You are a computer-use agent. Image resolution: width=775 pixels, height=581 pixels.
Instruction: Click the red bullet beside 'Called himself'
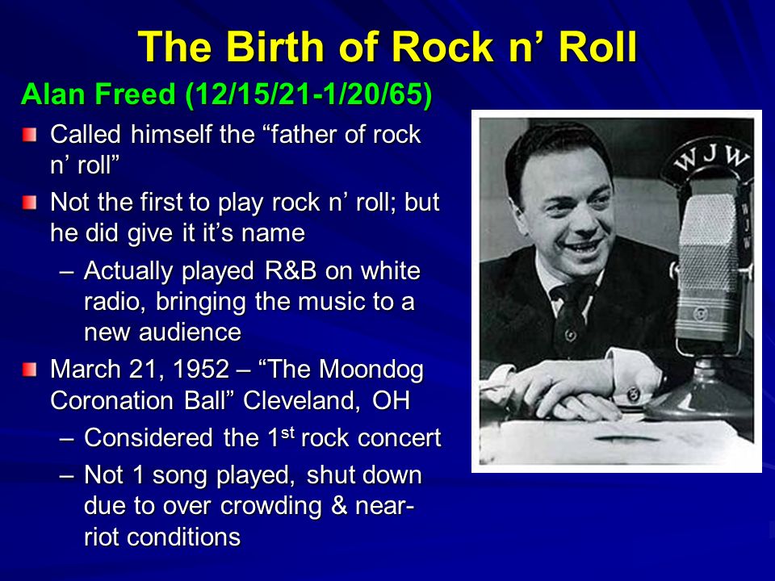tap(30, 132)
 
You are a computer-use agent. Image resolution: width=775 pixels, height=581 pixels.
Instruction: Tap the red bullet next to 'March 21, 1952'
tap(30, 370)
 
